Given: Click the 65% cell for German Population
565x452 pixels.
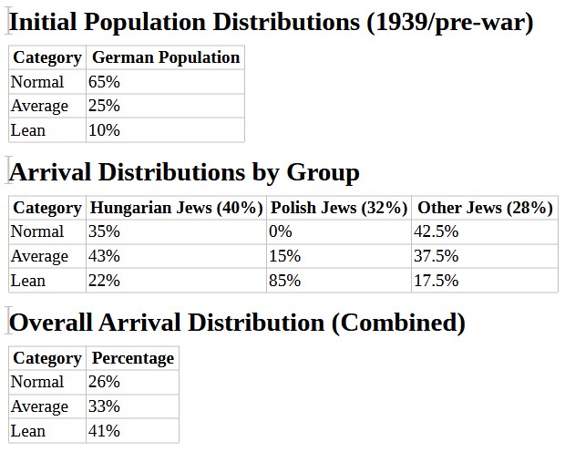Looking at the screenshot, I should click(x=104, y=82).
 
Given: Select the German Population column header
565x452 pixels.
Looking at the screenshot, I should click(x=166, y=57).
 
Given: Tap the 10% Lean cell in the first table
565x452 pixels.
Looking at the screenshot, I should click(x=104, y=130).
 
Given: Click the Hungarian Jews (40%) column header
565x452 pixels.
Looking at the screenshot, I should click(x=177, y=208).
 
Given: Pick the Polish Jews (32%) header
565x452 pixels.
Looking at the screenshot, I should click(x=339, y=208).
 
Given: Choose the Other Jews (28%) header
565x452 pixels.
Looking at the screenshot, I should click(x=485, y=208).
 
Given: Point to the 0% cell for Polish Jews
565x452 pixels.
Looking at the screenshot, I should click(x=280, y=231).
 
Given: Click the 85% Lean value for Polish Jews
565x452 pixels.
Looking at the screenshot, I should click(x=284, y=281).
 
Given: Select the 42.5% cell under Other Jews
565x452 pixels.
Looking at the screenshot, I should click(x=436, y=231).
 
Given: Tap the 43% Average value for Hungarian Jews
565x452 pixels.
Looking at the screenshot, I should click(x=104, y=256).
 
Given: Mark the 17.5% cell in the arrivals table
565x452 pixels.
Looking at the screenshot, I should click(x=436, y=281).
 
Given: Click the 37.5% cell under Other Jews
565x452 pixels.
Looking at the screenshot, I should click(x=436, y=256).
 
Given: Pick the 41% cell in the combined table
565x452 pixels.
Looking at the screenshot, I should click(x=104, y=430).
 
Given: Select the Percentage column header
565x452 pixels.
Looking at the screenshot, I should click(x=133, y=358).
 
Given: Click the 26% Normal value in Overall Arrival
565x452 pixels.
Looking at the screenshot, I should click(x=104, y=382).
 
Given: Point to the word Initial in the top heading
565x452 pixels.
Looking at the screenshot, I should click(x=49, y=23).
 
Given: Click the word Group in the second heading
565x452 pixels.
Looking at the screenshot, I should click(x=323, y=172).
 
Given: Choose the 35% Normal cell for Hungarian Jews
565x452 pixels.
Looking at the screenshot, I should click(x=104, y=231).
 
